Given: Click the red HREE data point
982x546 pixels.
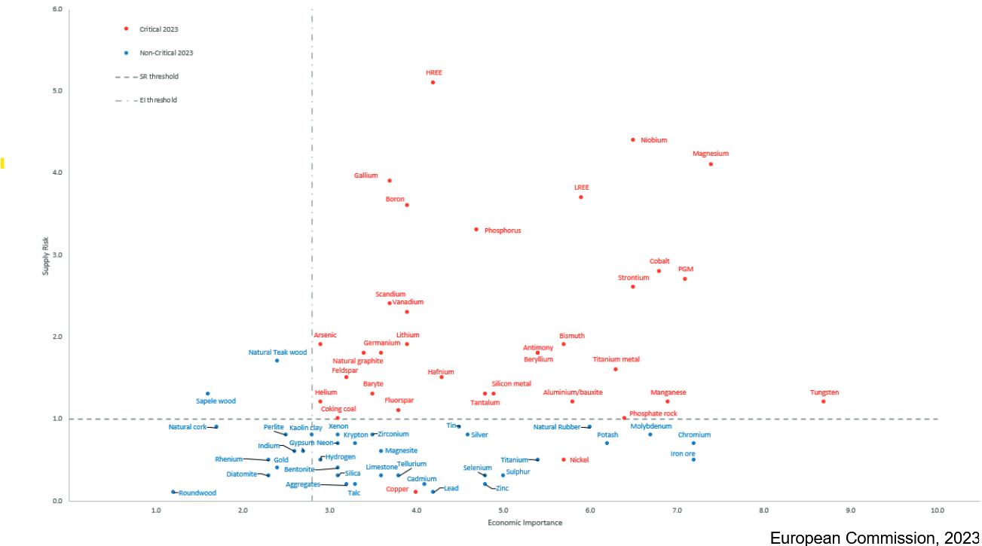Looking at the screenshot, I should [433, 82].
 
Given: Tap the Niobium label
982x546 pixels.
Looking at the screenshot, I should [653, 140].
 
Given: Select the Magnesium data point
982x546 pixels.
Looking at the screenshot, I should [711, 164].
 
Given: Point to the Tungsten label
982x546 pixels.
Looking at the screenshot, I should [824, 392].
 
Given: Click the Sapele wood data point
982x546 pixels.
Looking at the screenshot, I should [208, 393].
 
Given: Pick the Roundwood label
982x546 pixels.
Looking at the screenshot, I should [197, 493].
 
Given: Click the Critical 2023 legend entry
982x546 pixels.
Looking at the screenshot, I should [158, 29].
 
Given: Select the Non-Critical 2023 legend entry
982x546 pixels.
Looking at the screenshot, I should [166, 53].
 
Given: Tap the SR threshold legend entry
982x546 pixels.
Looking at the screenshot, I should [158, 77].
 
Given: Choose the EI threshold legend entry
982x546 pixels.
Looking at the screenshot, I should [158, 100].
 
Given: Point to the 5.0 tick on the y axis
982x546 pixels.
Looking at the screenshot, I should [57, 91].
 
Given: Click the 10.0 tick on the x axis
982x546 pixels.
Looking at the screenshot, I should [937, 511].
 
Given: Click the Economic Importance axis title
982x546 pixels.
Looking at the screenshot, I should [525, 522].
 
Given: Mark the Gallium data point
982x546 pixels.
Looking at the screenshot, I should [390, 181].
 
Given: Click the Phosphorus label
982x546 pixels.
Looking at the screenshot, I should [502, 230].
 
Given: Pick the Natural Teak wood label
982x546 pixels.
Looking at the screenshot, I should [277, 352].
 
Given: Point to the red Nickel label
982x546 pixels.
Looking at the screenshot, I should [579, 459].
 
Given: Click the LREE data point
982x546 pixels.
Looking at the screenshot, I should [580, 197].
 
